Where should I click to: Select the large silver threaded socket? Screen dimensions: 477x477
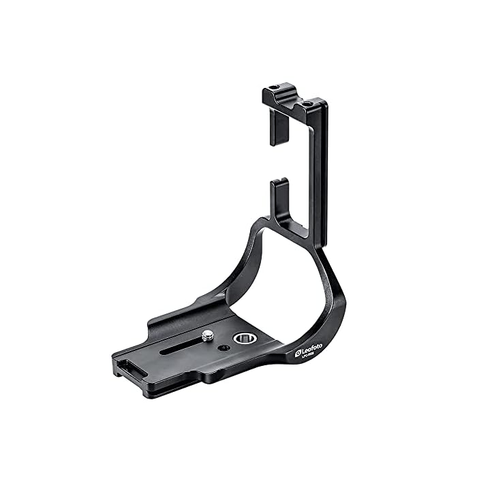pyautogui.click(x=241, y=338)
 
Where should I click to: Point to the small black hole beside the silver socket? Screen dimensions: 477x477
pyautogui.click(x=222, y=347)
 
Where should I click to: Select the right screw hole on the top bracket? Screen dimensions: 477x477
pyautogui.click(x=305, y=104)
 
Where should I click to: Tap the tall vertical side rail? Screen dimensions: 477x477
pyautogui.click(x=322, y=177)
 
